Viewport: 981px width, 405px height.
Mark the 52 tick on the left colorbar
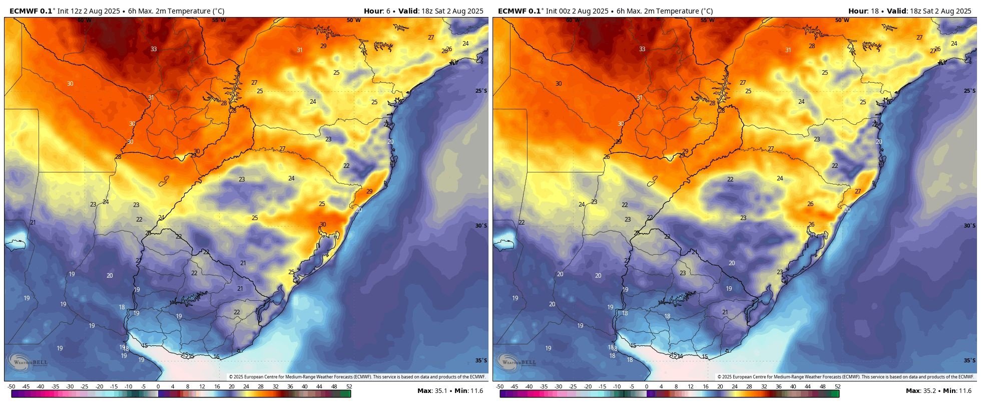point(349,387)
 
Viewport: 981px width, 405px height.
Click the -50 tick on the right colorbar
point(500,387)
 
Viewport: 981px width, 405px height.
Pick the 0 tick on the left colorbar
point(158,387)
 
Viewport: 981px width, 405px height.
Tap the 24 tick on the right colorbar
point(735,387)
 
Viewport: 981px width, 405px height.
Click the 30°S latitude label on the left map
point(480,226)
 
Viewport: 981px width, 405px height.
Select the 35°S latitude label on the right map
point(969,360)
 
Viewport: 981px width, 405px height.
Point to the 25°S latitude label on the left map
point(480,91)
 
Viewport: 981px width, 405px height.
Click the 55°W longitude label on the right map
point(707,21)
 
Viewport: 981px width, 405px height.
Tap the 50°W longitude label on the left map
point(353,21)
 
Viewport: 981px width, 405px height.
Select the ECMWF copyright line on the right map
point(845,377)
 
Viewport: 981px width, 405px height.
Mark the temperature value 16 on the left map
point(216,357)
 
